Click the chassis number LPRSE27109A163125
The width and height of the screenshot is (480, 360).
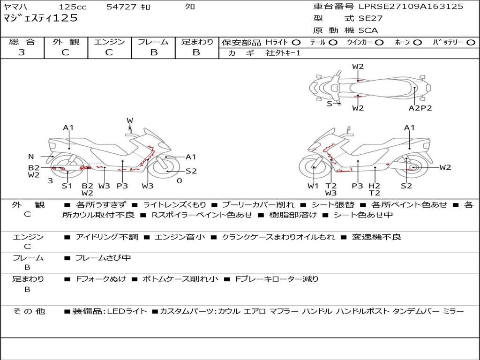411,7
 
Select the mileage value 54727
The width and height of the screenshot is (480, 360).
122,7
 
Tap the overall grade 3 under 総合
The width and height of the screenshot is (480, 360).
22,52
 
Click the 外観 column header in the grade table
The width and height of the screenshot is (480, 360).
66,42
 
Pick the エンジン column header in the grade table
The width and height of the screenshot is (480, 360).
109,42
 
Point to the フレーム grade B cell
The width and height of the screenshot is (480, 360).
153,52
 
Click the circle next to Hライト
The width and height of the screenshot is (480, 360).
296,42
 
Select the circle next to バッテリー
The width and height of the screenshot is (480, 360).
471,42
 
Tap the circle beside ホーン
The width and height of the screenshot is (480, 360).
418,42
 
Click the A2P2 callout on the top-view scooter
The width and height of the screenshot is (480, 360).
420,108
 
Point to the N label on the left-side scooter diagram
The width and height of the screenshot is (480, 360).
31,157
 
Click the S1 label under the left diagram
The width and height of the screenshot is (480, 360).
67,186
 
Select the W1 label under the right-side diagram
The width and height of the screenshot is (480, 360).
313,186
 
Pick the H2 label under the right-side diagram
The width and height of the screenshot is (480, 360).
374,186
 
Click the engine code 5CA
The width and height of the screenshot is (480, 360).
368,30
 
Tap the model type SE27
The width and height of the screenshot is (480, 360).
370,19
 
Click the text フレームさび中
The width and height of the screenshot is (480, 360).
103,258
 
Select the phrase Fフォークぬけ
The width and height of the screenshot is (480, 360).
101,279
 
